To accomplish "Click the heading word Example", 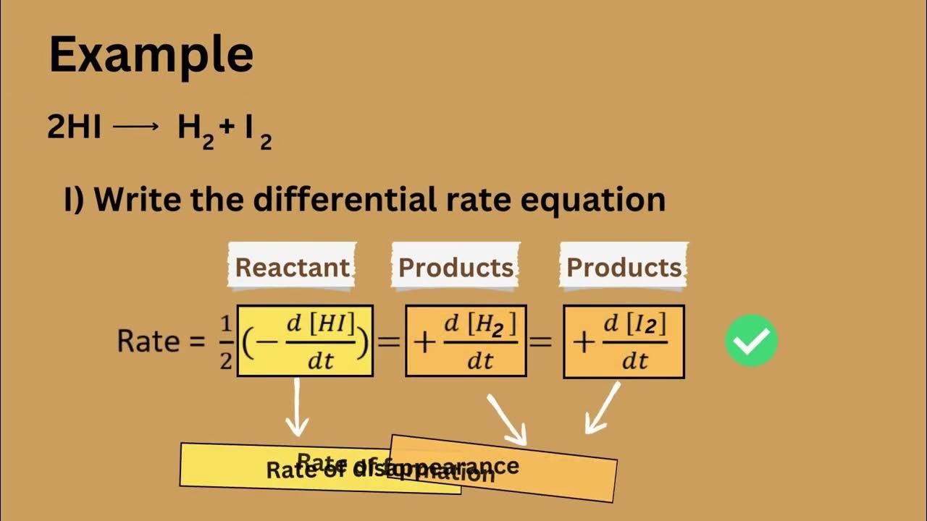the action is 151,55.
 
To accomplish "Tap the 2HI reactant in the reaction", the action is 74,128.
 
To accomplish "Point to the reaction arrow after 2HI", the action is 135,127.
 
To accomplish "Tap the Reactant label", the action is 293,267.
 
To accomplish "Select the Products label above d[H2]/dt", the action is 456,267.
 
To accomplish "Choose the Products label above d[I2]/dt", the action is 624,267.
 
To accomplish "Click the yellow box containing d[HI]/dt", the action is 305,341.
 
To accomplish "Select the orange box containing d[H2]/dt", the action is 466,341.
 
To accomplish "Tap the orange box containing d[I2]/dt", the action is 624,341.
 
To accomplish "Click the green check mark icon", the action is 751,340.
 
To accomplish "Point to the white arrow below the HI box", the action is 297,409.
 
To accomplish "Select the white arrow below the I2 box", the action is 602,409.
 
